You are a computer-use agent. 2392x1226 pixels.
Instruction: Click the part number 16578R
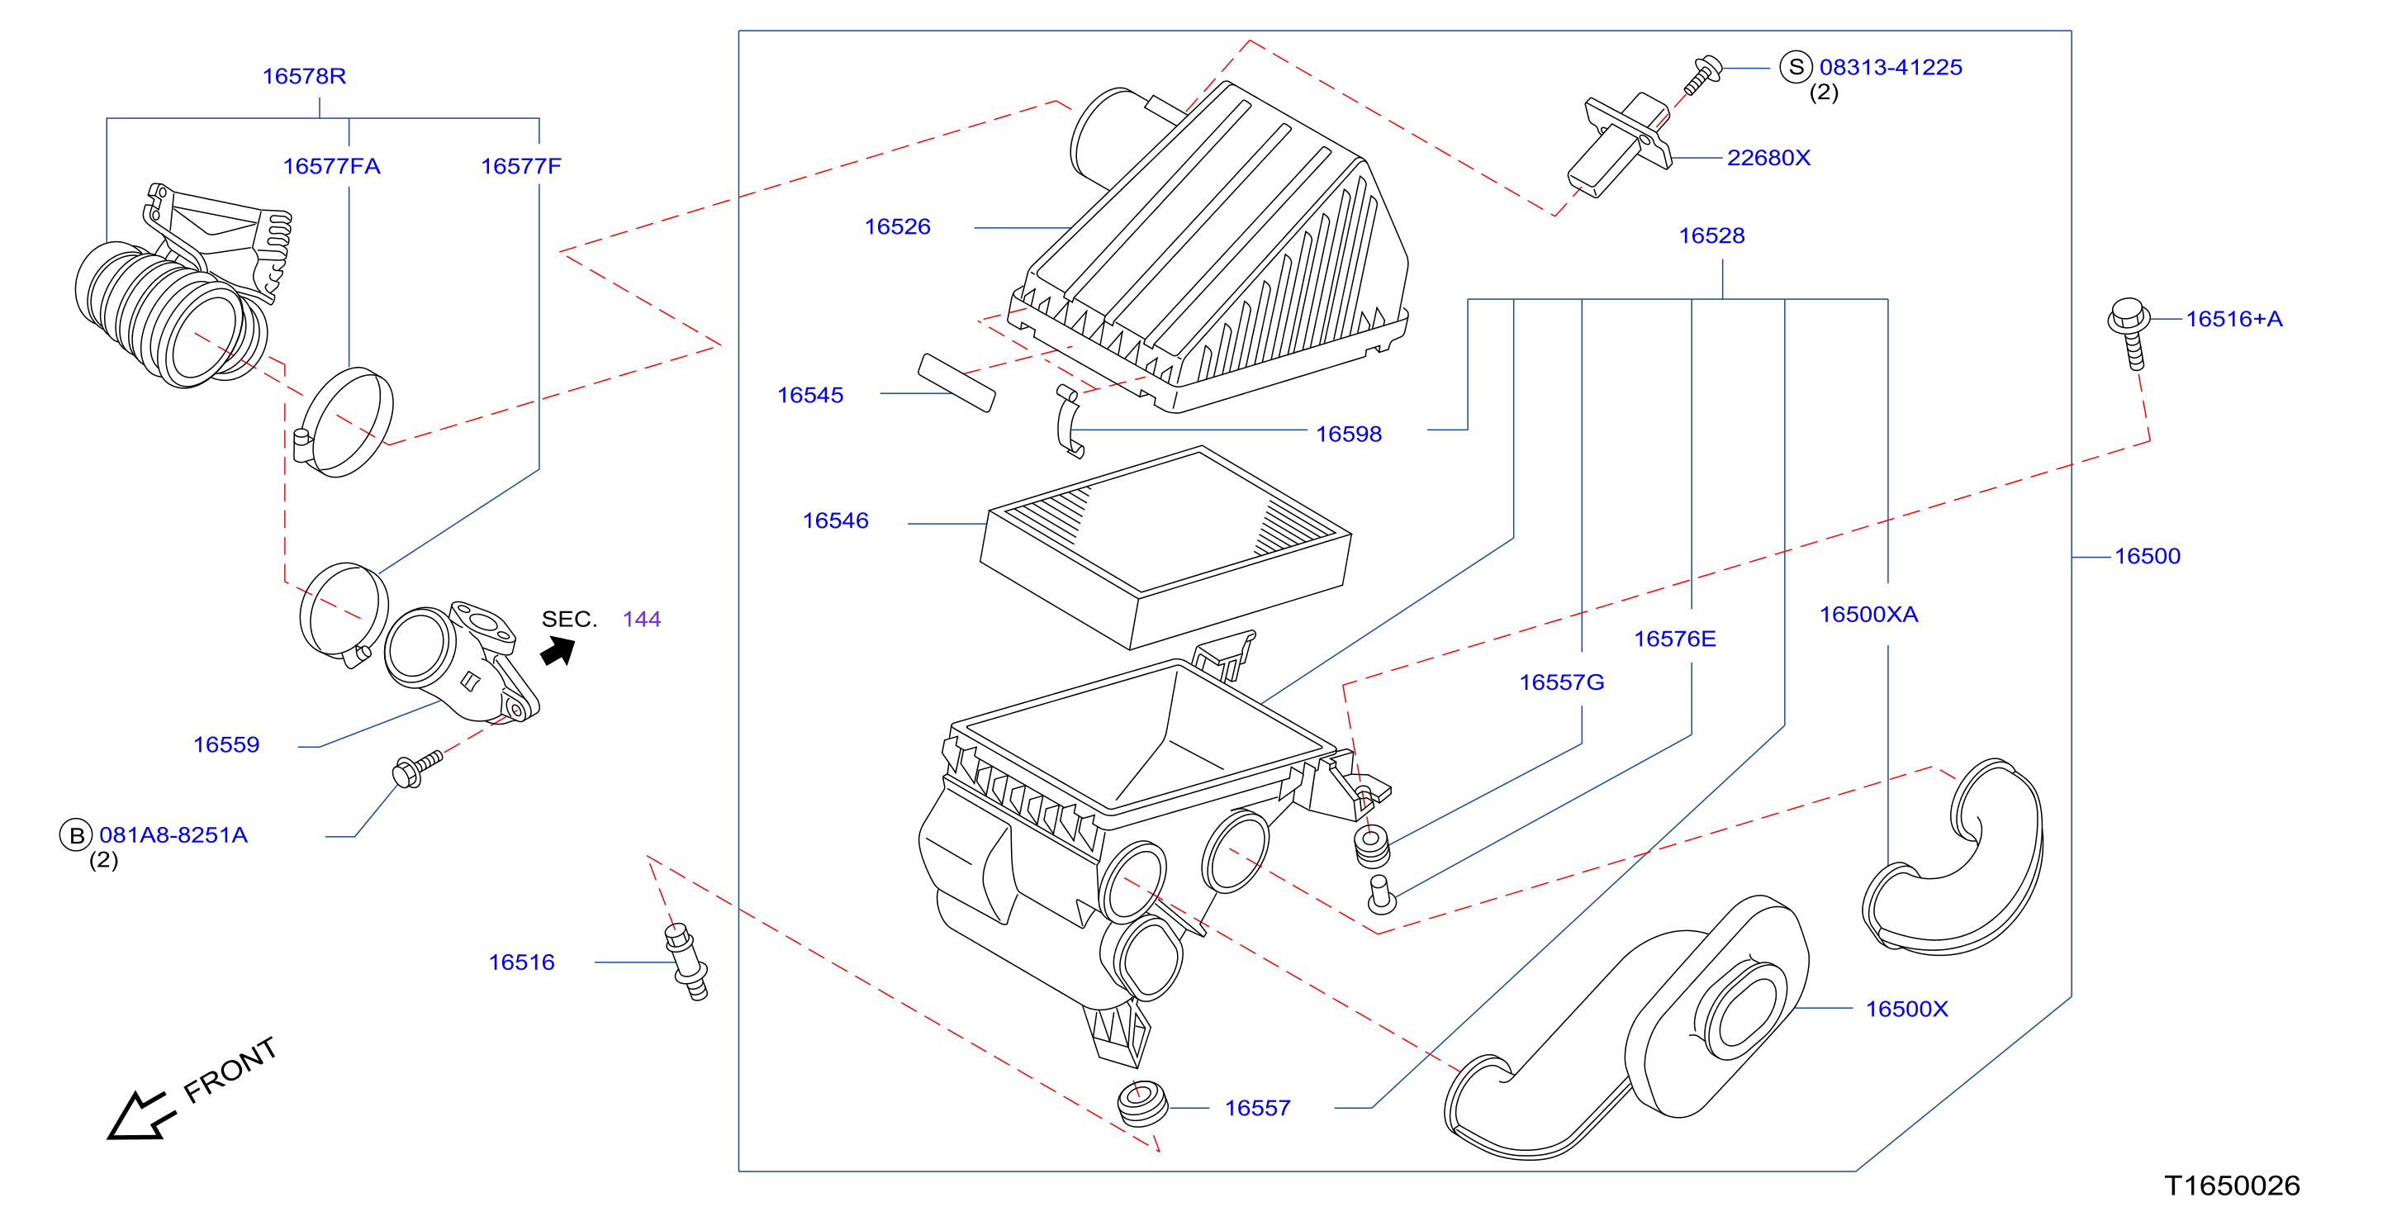[304, 76]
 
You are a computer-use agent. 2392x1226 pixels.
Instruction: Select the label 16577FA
[331, 166]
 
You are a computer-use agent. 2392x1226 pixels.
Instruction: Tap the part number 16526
[897, 226]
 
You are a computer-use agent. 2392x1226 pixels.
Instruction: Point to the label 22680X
[1768, 158]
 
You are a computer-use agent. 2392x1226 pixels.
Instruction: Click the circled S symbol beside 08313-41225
[1796, 67]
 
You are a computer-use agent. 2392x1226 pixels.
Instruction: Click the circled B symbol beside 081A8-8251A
[76, 835]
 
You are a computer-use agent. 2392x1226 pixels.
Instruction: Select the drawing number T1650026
[2233, 1186]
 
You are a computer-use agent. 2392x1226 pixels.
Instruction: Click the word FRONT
[230, 1069]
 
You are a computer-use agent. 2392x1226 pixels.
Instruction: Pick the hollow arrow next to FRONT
[140, 1115]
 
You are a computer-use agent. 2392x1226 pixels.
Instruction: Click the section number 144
[642, 620]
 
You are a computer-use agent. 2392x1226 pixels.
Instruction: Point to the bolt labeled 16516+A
[2129, 332]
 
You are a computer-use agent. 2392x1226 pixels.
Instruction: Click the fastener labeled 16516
[687, 962]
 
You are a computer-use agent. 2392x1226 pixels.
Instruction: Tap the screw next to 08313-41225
[1702, 75]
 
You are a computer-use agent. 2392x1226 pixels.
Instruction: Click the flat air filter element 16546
[1165, 547]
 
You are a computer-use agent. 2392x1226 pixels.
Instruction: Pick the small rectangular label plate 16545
[956, 382]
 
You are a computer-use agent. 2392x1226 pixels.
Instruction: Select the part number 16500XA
[1868, 615]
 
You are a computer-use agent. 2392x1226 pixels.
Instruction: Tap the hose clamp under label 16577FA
[344, 423]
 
